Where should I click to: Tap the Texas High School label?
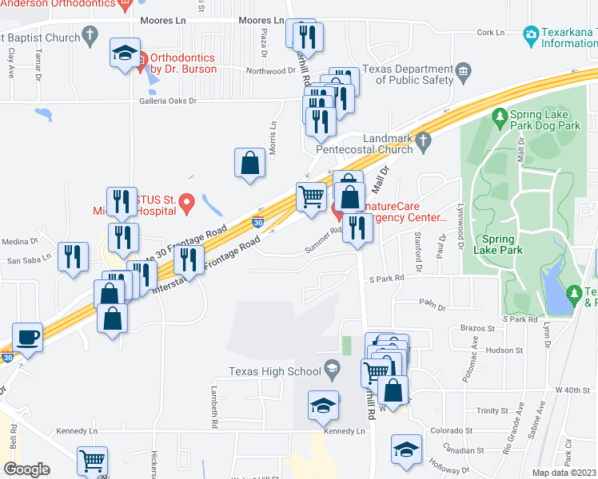pos(274,370)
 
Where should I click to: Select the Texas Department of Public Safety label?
pos(408,75)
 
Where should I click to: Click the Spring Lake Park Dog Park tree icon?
pos(500,119)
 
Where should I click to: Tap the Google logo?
pos(27,469)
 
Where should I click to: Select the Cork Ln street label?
pos(490,33)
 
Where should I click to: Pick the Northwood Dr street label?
pos(273,71)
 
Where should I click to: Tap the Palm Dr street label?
pos(431,303)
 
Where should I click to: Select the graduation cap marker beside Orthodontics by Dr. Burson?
pos(126,53)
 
